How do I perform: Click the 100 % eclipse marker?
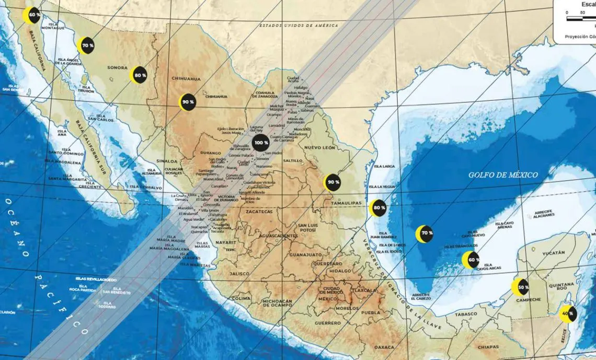(261, 142)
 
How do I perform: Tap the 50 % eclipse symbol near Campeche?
(521, 287)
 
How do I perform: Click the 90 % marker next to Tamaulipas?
(332, 182)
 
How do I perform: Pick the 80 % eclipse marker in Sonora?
(139, 75)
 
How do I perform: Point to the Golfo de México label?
(502, 175)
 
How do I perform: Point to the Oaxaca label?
(384, 347)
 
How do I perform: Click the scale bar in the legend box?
(581, 18)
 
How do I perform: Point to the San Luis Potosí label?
(307, 228)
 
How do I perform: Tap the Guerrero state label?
(328, 323)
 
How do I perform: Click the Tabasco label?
(466, 314)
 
